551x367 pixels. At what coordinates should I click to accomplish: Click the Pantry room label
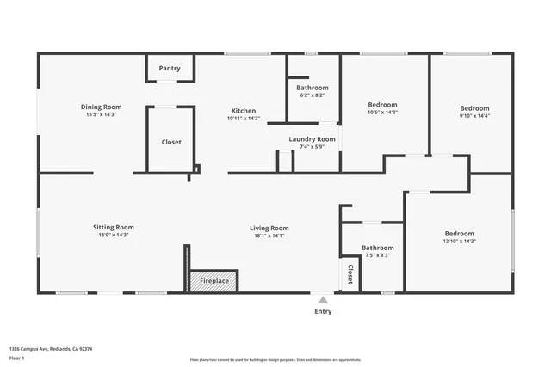pyautogui.click(x=169, y=68)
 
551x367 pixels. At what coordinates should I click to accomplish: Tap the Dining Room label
pyautogui.click(x=101, y=107)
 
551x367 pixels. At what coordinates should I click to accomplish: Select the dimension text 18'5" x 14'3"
pyautogui.click(x=101, y=114)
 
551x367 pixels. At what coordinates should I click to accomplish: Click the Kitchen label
pyautogui.click(x=243, y=111)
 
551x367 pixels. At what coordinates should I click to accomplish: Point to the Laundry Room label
pyautogui.click(x=312, y=139)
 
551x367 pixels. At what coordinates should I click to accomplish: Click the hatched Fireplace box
pyautogui.click(x=214, y=281)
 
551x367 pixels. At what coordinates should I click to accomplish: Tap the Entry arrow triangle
pyautogui.click(x=323, y=300)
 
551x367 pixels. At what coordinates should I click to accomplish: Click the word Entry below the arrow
pyautogui.click(x=323, y=311)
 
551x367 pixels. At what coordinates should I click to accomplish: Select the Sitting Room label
pyautogui.click(x=114, y=227)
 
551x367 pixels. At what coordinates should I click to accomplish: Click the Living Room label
pyautogui.click(x=269, y=228)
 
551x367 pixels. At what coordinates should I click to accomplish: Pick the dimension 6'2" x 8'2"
pyautogui.click(x=313, y=95)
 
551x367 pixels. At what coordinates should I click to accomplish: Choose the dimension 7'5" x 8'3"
pyautogui.click(x=377, y=255)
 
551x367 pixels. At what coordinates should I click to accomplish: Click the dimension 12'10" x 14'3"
pyautogui.click(x=459, y=242)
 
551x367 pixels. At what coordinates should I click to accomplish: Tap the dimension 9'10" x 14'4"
pyautogui.click(x=474, y=116)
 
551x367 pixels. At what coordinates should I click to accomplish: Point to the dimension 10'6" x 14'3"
pyautogui.click(x=382, y=112)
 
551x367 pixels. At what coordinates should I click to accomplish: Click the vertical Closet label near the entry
pyautogui.click(x=350, y=273)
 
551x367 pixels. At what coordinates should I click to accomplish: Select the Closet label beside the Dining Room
pyautogui.click(x=171, y=142)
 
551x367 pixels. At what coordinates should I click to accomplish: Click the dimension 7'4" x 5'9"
pyautogui.click(x=312, y=147)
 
